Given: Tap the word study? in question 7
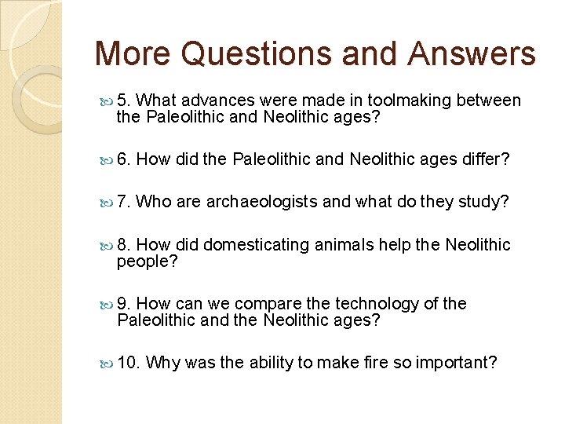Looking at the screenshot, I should tap(483, 202).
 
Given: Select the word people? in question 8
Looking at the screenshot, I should tap(148, 262).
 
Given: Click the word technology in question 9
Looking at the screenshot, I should tap(377, 304).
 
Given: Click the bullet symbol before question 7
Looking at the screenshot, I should tap(108, 203).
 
